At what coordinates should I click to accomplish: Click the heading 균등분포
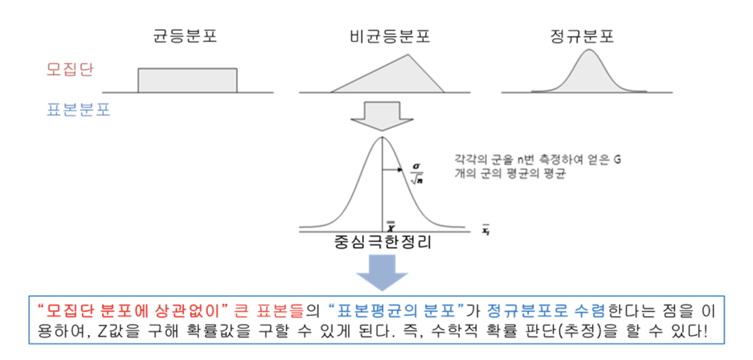pos(185,37)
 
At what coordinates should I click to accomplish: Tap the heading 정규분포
pos(582,37)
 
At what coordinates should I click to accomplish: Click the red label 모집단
pos(70,71)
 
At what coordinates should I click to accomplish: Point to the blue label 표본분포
pos(78,110)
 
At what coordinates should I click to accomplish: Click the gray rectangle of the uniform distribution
pos(187,80)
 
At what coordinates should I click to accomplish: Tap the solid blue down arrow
pos(382,272)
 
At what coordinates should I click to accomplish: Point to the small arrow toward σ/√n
pos(392,170)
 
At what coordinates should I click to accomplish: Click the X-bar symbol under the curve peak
pos(390,225)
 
